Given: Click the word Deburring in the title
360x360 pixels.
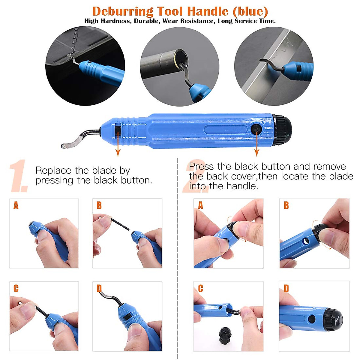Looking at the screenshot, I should [123, 11].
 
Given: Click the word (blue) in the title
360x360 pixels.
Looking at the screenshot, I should [250, 11].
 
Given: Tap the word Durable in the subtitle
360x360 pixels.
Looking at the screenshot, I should [146, 21].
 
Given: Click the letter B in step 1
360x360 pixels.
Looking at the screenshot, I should [99, 205].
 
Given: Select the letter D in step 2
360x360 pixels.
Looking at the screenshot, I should [286, 289].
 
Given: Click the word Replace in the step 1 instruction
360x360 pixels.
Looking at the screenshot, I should [53, 170].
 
